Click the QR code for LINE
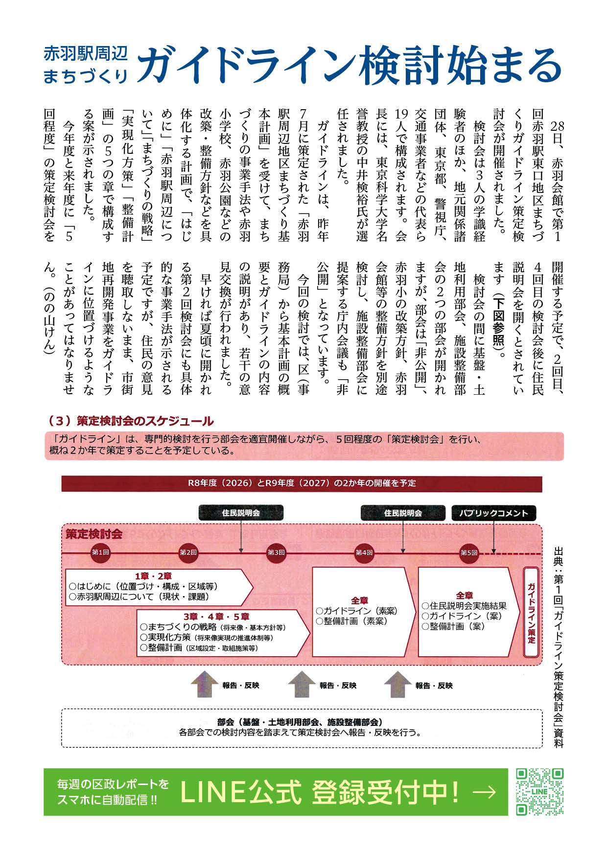point(539,791)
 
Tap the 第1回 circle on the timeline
point(100,552)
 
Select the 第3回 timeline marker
point(276,552)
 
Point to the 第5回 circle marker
point(468,552)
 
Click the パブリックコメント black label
point(493,513)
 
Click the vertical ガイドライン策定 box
point(531,612)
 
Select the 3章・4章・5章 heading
point(216,617)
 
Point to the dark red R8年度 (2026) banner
point(302,483)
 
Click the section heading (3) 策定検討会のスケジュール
point(131,421)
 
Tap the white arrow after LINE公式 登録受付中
point(485,792)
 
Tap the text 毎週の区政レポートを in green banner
point(113,784)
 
